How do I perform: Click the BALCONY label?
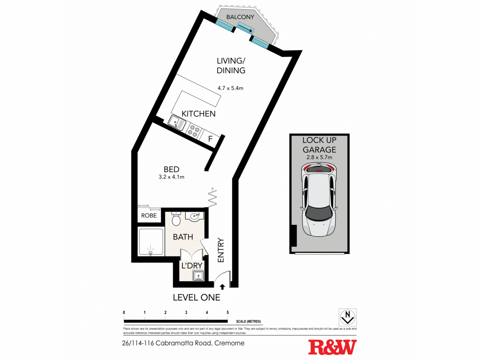pyautogui.click(x=240, y=17)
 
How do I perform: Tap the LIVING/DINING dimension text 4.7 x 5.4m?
pyautogui.click(x=230, y=88)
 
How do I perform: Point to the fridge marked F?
pyautogui.click(x=210, y=138)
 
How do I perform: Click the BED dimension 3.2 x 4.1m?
pyautogui.click(x=171, y=177)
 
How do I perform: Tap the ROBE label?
pyautogui.click(x=149, y=216)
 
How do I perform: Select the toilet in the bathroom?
pyautogui.click(x=176, y=219)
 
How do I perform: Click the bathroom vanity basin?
pyautogui.click(x=195, y=216)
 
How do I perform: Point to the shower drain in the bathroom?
pyautogui.click(x=151, y=253)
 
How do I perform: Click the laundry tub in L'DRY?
pyautogui.click(x=198, y=276)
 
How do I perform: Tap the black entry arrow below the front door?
pyautogui.click(x=222, y=287)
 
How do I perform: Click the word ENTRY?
pyautogui.click(x=221, y=250)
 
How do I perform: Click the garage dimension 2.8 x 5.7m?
pyautogui.click(x=319, y=157)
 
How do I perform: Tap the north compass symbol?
pyautogui.click(x=347, y=317)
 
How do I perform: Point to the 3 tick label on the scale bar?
pyautogui.click(x=186, y=312)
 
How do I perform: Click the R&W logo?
pyautogui.click(x=332, y=347)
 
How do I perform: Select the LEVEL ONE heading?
pyautogui.click(x=197, y=297)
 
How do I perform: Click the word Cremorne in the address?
pyautogui.click(x=229, y=343)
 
